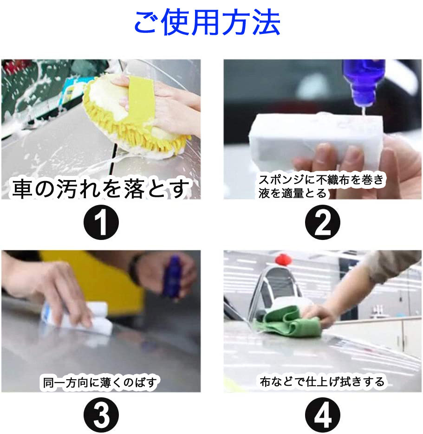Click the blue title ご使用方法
(207, 23)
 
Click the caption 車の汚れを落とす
(101, 189)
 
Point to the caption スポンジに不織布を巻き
(321, 180)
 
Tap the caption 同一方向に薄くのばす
(101, 382)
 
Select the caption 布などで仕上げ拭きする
(322, 382)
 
